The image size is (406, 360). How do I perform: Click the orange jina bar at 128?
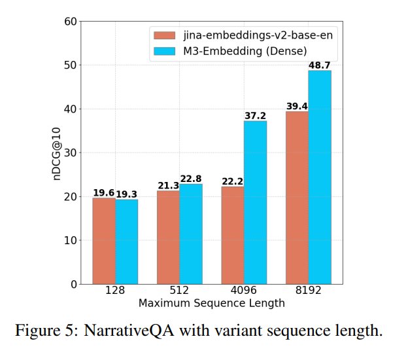(104, 241)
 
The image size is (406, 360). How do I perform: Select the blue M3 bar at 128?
(127, 242)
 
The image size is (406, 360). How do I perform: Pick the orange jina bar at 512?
(168, 238)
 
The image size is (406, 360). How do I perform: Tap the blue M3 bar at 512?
(191, 234)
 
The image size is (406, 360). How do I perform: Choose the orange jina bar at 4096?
(233, 236)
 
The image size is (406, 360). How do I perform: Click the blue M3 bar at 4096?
(256, 202)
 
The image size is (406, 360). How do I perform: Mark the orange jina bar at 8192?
(297, 198)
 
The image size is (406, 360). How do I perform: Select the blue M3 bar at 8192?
(320, 177)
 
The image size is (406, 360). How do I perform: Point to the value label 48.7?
(320, 65)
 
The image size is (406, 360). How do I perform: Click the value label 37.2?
(256, 116)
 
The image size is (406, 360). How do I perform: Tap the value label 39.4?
(297, 106)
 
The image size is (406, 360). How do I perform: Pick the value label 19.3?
(126, 194)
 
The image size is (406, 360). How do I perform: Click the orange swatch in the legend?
(164, 35)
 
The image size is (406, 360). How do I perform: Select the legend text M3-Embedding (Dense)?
(245, 51)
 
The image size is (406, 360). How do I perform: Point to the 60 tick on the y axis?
(71, 22)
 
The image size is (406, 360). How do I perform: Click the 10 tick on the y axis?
(71, 240)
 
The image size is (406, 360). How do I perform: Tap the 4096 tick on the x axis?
(244, 290)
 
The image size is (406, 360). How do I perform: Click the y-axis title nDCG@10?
(56, 154)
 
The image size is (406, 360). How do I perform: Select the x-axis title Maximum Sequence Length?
(212, 303)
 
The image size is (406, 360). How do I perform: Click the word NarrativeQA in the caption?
(129, 331)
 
